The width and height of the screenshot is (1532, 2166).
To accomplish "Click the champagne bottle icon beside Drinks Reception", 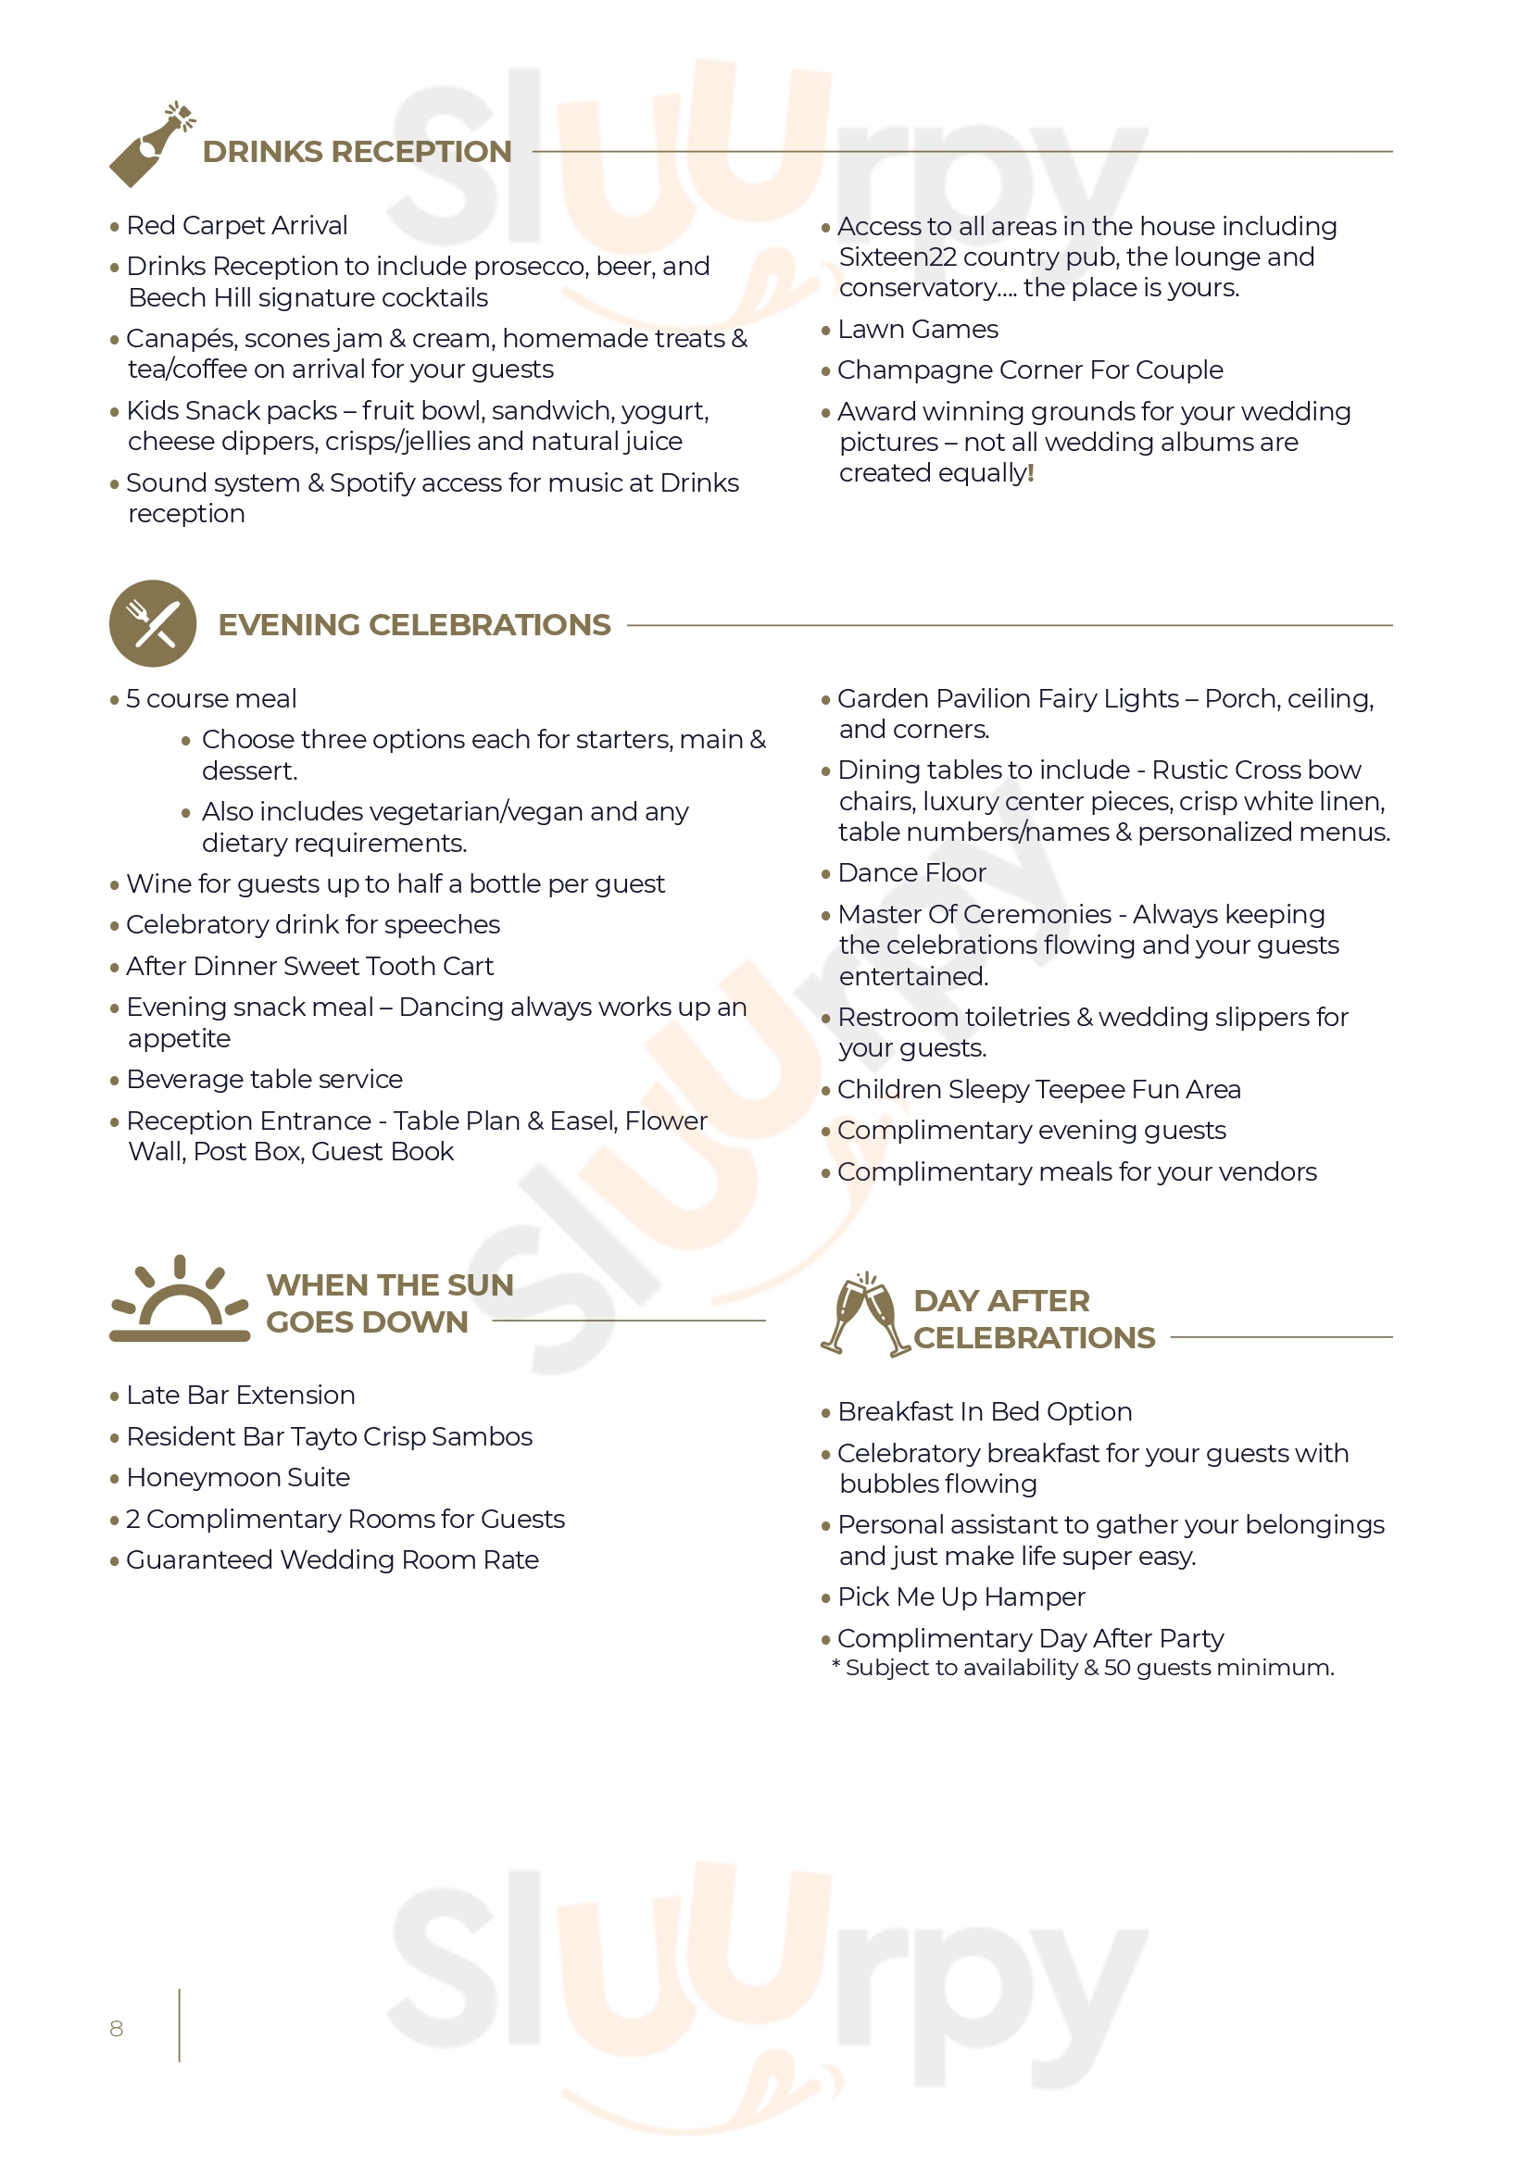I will (x=151, y=144).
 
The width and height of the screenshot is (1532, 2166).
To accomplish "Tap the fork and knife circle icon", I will (x=153, y=623).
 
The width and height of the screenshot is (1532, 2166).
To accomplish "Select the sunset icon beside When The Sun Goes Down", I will (x=180, y=1299).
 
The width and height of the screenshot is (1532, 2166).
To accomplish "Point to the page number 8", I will (x=116, y=2028).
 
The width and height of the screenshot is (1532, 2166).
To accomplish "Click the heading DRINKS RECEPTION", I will (x=357, y=152).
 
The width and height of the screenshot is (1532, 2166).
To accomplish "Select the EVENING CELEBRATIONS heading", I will (x=414, y=624).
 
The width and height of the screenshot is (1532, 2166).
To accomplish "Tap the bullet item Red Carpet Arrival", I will (x=236, y=225).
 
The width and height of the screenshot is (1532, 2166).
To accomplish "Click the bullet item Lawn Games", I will (x=917, y=330).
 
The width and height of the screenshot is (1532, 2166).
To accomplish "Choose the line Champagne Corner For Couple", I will (x=1029, y=369).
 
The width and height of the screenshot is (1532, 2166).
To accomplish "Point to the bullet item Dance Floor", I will (x=911, y=872).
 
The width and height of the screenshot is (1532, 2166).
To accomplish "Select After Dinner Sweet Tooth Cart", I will (x=309, y=966).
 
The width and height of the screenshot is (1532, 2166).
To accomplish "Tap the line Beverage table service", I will (x=264, y=1079).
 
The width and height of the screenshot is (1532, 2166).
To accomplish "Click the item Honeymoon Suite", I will (x=238, y=1477).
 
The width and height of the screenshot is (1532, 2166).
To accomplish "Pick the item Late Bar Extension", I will (x=241, y=1396).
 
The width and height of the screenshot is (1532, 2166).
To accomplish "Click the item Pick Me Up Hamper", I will (x=961, y=1597).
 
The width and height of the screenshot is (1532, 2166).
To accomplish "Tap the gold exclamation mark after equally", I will (x=1031, y=472).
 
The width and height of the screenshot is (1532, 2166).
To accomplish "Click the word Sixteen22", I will (x=898, y=257).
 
